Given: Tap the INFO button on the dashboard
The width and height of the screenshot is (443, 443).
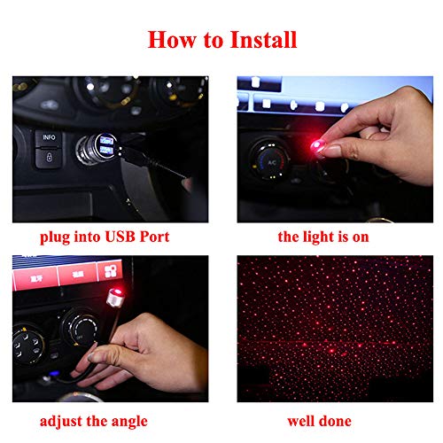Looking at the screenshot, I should (x=47, y=138).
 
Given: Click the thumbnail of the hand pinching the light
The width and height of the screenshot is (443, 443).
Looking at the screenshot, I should (x=334, y=148).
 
